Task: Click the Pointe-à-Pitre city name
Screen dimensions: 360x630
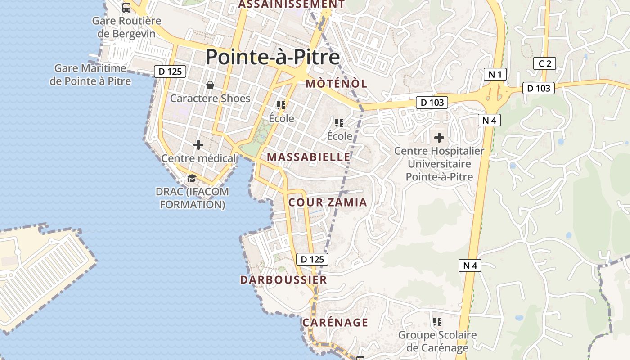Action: pos(273,57)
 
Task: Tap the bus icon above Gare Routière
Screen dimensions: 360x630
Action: pos(126,8)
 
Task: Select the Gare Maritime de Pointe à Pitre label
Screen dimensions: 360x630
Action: pos(90,75)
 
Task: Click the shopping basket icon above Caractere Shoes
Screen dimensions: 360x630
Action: pos(210,85)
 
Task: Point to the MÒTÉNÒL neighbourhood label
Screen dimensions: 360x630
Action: pos(337,83)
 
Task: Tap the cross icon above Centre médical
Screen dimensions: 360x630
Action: pos(198,145)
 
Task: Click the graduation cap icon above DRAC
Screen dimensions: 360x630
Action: pos(192,178)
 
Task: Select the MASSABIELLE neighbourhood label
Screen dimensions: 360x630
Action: pos(309,157)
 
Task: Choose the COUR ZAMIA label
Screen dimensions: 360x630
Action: pos(328,202)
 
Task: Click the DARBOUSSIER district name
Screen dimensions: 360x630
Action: pos(283,280)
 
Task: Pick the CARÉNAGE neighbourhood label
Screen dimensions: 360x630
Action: pos(335,323)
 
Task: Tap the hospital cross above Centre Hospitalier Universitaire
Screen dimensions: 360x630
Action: pos(439,137)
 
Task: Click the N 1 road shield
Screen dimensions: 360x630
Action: pos(495,74)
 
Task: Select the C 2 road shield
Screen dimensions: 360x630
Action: pos(544,63)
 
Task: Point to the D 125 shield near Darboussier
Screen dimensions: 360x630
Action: pos(312,259)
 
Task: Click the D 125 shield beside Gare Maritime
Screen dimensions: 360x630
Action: pos(170,71)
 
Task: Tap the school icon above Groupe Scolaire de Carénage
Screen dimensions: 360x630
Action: pos(437,322)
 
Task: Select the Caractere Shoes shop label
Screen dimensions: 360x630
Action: pos(210,98)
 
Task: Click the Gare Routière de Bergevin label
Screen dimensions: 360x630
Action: pos(126,27)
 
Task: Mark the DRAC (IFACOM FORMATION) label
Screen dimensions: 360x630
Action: pos(192,198)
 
